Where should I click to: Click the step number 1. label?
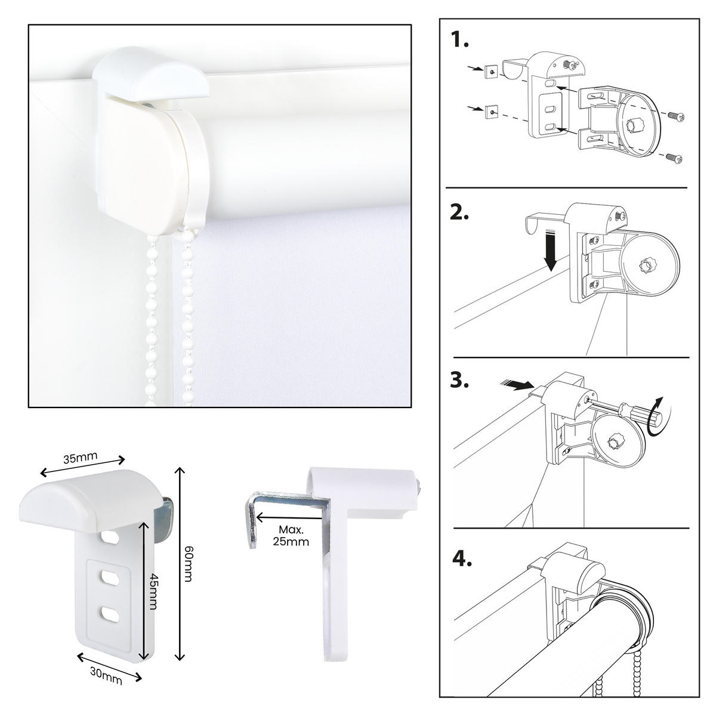[x=459, y=40]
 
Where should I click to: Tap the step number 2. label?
[x=459, y=212]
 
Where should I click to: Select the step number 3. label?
[x=459, y=380]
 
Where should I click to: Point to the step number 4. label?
[x=462, y=558]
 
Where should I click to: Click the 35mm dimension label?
[x=81, y=458]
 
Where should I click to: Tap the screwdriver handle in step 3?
[x=632, y=412]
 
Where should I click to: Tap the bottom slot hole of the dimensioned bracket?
[x=110, y=613]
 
